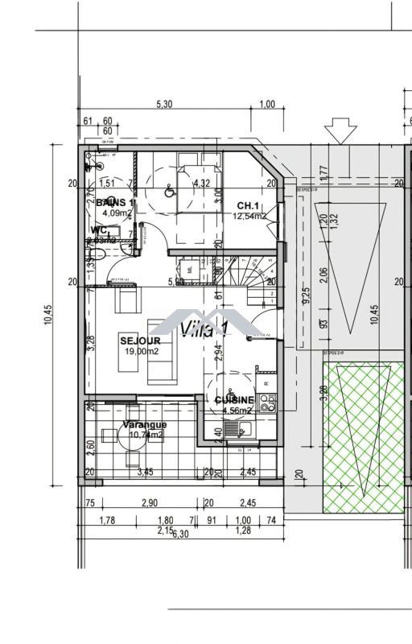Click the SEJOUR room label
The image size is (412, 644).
140,341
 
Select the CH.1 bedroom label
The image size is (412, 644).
246,206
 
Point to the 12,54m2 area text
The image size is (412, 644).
249,217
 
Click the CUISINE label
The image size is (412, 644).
235,400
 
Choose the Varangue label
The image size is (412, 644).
145,424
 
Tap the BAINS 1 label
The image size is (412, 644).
115,203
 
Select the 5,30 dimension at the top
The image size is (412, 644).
164,105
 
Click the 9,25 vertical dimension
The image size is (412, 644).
306,299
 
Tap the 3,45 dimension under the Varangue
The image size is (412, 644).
146,473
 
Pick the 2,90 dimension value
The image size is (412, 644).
149,503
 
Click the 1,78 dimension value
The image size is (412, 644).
106,521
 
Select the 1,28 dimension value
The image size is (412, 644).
242,531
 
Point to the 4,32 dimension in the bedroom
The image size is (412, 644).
201,184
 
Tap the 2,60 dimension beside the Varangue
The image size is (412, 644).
90,444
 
